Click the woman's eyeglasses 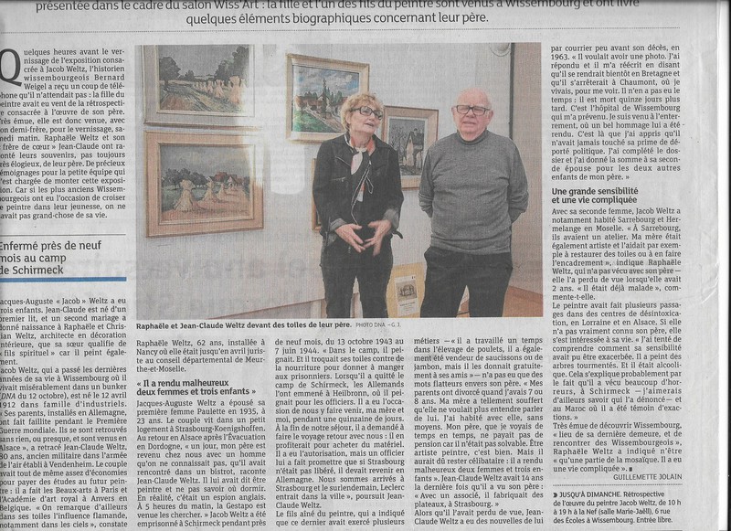pos(369,112)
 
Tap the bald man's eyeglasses pos(471,110)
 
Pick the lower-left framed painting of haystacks pos(204,183)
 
